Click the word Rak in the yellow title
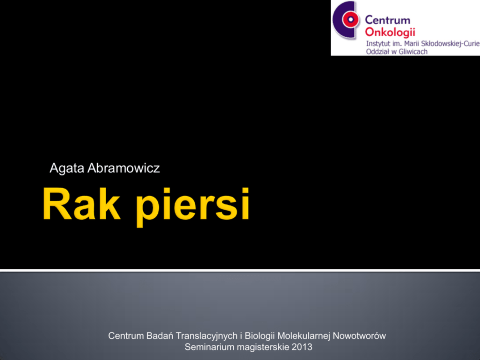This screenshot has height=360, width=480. pyautogui.click(x=81, y=204)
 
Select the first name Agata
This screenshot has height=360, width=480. pyautogui.click(x=67, y=168)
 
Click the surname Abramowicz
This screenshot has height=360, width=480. pyautogui.click(x=124, y=168)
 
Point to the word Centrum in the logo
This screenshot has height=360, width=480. pyautogui.click(x=387, y=20)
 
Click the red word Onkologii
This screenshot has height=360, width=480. pyautogui.click(x=390, y=32)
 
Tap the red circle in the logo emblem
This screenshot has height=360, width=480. pyautogui.click(x=350, y=19)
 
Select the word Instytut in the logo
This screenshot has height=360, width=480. pyautogui.click(x=378, y=44)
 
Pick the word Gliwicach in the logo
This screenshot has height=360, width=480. pyautogui.click(x=413, y=51)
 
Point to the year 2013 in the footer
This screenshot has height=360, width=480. pyautogui.click(x=302, y=347)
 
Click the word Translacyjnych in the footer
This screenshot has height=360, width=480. pyautogui.click(x=207, y=336)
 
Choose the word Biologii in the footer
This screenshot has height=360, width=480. pyautogui.click(x=259, y=336)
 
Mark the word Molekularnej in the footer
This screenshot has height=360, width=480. pyautogui.click(x=304, y=336)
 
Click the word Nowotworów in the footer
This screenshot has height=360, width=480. pyautogui.click(x=359, y=336)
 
